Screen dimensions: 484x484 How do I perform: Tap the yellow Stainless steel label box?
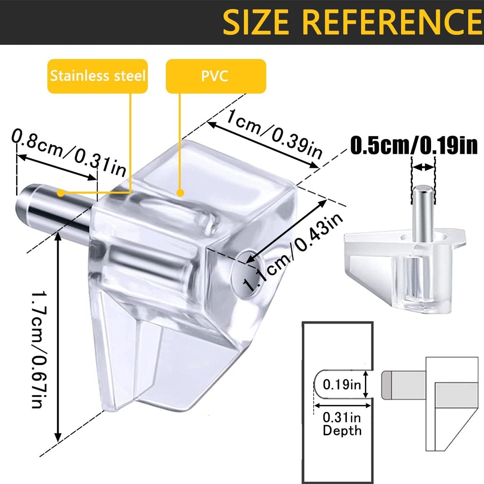pyautogui.click(x=98, y=76)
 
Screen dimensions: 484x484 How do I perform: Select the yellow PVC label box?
pyautogui.click(x=216, y=76)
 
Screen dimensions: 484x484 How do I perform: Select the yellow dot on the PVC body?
pyautogui.click(x=180, y=192)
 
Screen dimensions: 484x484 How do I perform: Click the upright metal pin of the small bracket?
pyautogui.click(x=422, y=213)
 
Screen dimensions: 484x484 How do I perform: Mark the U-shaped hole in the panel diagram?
pyautogui.click(x=340, y=384)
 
